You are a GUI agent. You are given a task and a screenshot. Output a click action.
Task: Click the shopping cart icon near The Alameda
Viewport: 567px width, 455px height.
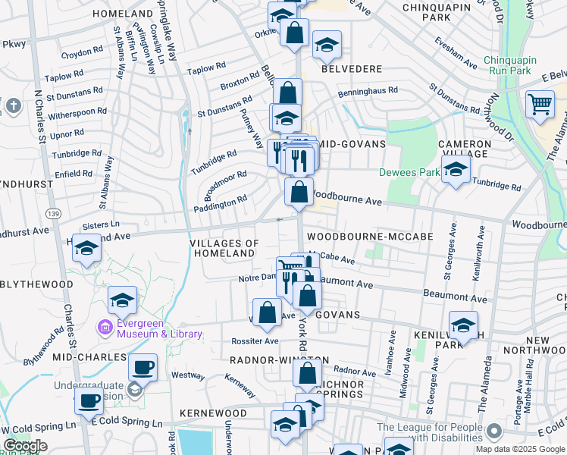click(x=540, y=104)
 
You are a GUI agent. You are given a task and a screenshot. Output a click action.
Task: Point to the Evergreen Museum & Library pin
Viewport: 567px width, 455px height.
click(x=106, y=328)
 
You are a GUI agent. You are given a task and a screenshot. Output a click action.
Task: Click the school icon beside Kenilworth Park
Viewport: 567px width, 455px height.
click(x=463, y=325)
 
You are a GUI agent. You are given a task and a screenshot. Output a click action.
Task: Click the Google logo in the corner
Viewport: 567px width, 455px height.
click(x=24, y=446)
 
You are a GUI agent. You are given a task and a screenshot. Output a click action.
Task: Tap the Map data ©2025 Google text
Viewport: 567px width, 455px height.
click(x=518, y=449)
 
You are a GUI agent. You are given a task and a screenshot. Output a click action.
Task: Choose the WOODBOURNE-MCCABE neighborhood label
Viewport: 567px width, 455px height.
click(x=370, y=237)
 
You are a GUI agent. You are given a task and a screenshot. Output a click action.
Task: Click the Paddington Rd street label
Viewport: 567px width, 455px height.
click(x=221, y=203)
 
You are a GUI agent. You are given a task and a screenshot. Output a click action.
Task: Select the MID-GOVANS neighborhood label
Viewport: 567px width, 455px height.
click(x=352, y=143)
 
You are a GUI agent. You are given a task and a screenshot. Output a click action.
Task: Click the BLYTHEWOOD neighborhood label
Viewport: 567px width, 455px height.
click(x=36, y=284)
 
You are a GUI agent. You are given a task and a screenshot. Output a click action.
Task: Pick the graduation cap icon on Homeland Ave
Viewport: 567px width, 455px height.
click(x=87, y=248)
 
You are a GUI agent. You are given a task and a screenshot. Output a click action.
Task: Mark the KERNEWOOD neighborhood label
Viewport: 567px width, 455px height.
click(x=213, y=413)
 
